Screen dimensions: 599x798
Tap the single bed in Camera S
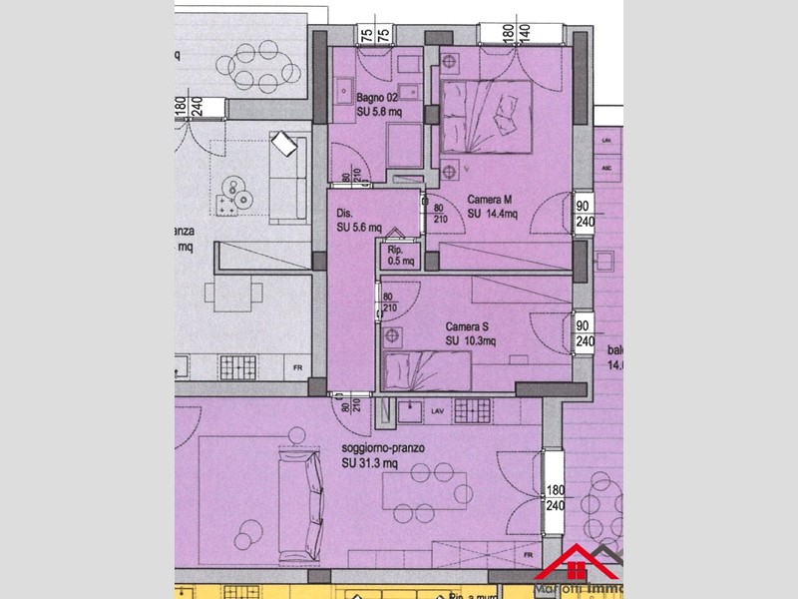click(427, 371)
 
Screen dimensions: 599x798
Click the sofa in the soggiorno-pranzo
click(301, 504)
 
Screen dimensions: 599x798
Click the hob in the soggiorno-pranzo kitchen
click(475, 409)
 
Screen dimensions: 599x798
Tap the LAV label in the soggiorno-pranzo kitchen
click(436, 409)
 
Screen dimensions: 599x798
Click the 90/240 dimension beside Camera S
click(585, 331)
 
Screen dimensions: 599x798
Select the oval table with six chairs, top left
click(264, 69)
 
